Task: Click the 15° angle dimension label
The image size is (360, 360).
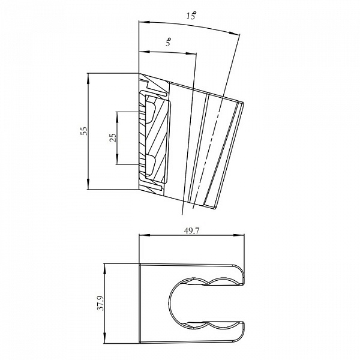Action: point(191,16)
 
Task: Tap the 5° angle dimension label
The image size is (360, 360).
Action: point(169,42)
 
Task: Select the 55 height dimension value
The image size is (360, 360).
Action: point(84,131)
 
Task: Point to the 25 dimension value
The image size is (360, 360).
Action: point(113,138)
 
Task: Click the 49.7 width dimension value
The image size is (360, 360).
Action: point(191,231)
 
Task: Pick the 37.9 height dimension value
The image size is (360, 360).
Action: point(101,303)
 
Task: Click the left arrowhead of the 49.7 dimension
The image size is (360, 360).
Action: point(144,235)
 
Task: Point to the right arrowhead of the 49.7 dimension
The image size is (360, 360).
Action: point(239,235)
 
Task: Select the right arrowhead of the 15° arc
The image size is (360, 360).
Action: point(235,33)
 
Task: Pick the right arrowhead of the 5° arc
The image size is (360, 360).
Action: point(191,53)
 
